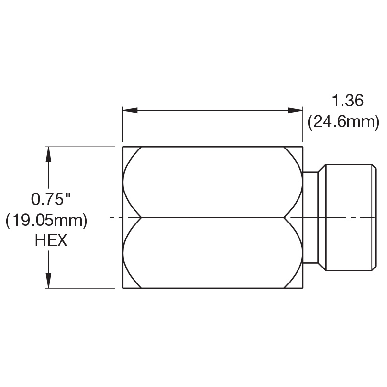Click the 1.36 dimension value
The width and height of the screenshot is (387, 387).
348,101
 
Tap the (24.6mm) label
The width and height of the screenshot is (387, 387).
343,122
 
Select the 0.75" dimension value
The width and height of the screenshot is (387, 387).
51,199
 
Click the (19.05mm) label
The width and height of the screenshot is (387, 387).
46,221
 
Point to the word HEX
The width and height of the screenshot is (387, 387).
51,240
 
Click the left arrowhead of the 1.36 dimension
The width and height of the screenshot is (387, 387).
130,110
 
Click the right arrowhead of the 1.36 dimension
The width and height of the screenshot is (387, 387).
295,110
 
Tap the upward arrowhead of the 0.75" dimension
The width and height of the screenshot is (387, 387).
48,154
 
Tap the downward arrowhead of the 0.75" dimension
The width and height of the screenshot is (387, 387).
48,281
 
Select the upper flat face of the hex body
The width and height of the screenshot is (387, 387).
212,182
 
